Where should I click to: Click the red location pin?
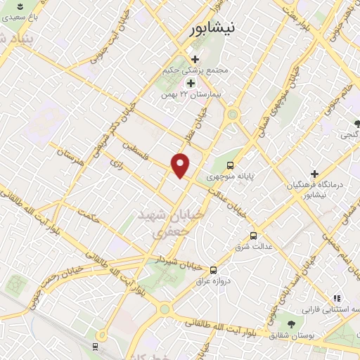pyautogui.click(x=181, y=165)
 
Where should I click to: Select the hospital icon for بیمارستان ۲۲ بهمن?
pyautogui.click(x=191, y=83)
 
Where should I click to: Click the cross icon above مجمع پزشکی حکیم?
pyautogui.click(x=195, y=59)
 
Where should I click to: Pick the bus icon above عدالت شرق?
pyautogui.click(x=253, y=236)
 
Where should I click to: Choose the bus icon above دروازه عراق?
pyautogui.click(x=214, y=269)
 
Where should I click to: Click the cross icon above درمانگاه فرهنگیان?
pyautogui.click(x=314, y=172)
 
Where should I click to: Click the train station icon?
pyautogui.click(x=96, y=347)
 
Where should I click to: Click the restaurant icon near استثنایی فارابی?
pyautogui.click(x=337, y=298)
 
